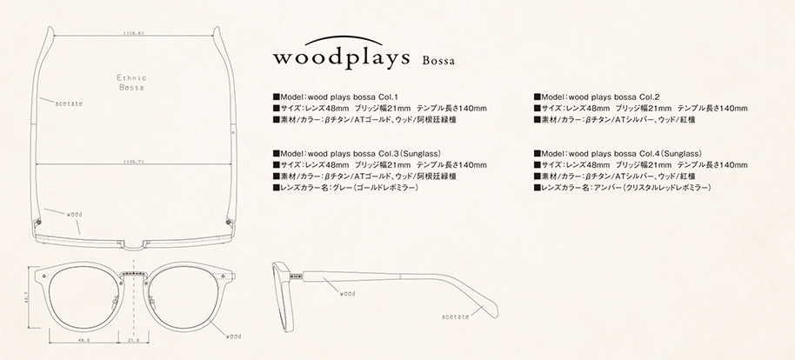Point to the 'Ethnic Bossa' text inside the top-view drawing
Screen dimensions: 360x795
pos(132,83)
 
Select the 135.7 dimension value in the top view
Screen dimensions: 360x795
pos(133,161)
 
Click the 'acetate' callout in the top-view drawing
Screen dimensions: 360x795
pos(68,103)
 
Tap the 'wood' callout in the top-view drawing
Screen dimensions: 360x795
pos(74,211)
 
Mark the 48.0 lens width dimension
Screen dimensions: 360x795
pos(85,340)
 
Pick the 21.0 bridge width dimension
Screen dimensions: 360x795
pos(134,340)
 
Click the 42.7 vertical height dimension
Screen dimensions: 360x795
pos(25,297)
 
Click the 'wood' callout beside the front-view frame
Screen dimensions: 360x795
pos(233,335)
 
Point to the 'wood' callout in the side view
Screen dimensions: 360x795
pos(347,294)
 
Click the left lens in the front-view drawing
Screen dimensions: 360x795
pos(85,296)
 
